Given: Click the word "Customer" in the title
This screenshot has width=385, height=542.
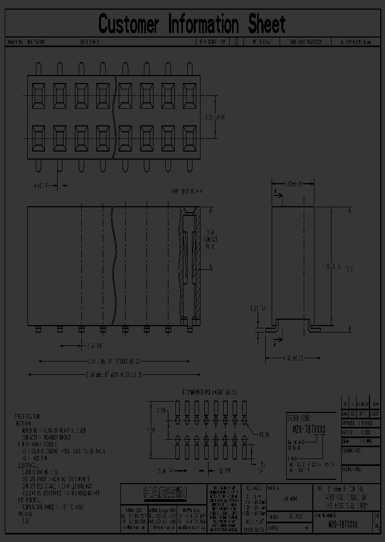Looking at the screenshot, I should point(129,24).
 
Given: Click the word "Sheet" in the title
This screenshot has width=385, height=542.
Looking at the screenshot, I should point(266,24).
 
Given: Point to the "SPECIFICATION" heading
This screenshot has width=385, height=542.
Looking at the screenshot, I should point(26,416).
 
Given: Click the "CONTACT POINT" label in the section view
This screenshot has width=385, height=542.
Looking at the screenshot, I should point(210,241).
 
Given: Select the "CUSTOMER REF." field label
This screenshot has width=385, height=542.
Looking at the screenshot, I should point(351,451).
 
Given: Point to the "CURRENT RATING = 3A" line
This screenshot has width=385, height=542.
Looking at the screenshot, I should point(40,471).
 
